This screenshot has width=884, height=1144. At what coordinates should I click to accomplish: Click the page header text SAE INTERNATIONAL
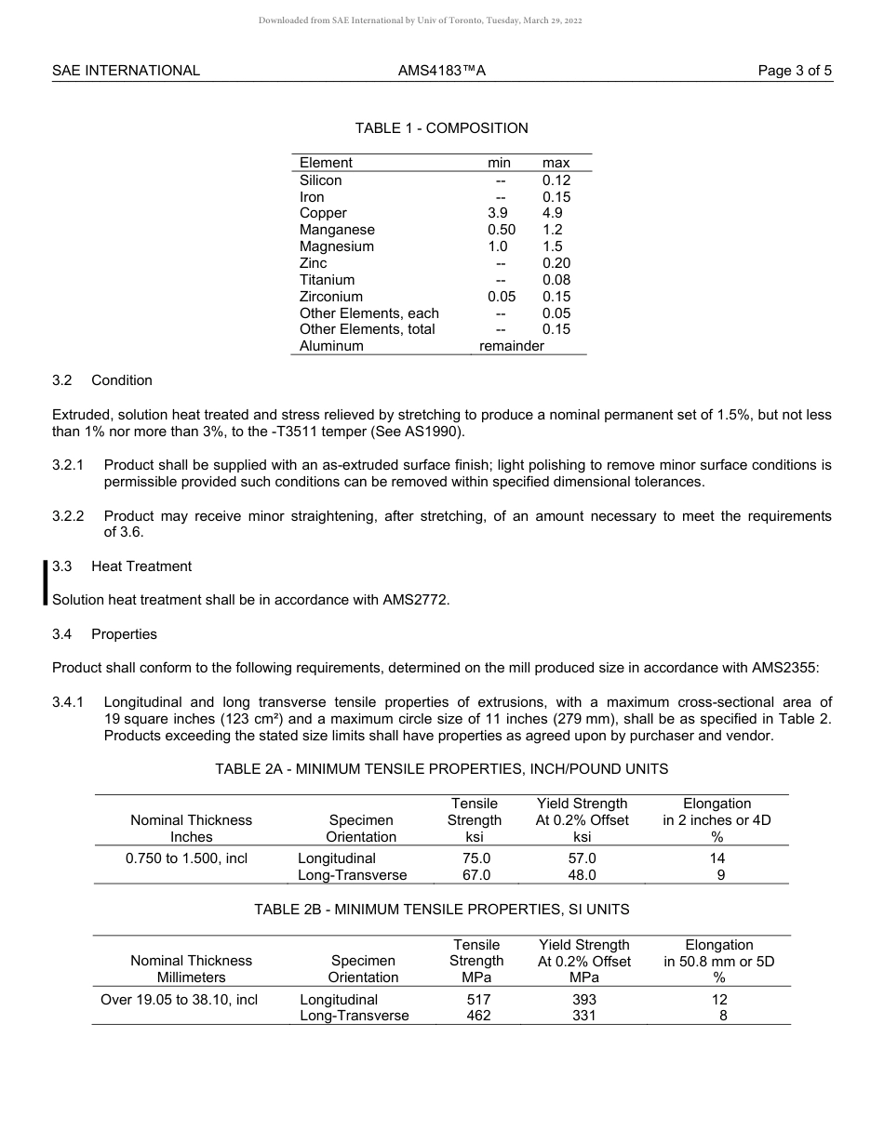pyautogui.click(x=126, y=71)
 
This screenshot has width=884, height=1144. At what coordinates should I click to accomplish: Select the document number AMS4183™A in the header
pyautogui.click(x=441, y=71)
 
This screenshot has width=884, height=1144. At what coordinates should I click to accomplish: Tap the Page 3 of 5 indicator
pyautogui.click(x=795, y=71)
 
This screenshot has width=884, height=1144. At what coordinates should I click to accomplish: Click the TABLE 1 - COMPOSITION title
pyautogui.click(x=441, y=128)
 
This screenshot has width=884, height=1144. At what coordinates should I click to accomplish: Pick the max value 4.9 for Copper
pyautogui.click(x=553, y=213)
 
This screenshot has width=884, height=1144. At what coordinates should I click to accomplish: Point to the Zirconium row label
pyautogui.click(x=331, y=297)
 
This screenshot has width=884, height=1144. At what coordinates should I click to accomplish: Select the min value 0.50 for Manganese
pyautogui.click(x=501, y=230)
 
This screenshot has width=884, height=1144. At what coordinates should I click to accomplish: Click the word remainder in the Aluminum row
pyautogui.click(x=511, y=346)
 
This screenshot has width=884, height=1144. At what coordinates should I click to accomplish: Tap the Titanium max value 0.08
pyautogui.click(x=556, y=280)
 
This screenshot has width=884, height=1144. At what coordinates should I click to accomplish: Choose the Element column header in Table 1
pyautogui.click(x=326, y=163)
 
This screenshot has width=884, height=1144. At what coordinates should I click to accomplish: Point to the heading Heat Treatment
pyautogui.click(x=141, y=566)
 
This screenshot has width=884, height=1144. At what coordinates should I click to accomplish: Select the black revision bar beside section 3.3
pyautogui.click(x=45, y=583)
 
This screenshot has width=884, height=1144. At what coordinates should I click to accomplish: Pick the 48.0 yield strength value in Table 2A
pyautogui.click(x=582, y=875)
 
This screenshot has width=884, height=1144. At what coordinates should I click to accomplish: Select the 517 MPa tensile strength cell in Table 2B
pyautogui.click(x=477, y=999)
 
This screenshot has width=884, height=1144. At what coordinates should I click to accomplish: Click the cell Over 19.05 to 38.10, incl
pyautogui.click(x=179, y=1000)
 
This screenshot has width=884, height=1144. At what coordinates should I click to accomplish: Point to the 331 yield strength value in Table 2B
pyautogui.click(x=583, y=1016)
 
